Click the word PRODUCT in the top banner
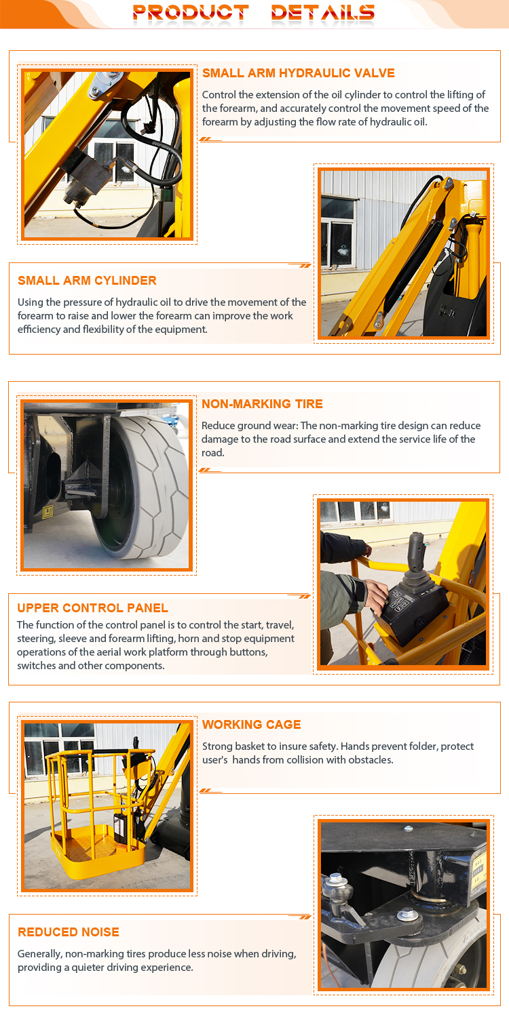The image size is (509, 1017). click(191, 12)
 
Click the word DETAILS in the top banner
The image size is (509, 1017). click(322, 12)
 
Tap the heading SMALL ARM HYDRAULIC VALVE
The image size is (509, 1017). click(298, 73)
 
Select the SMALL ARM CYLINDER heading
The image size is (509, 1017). click(87, 281)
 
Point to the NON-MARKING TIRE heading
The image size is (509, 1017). click(262, 404)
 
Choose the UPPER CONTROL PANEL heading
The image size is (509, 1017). click(93, 608)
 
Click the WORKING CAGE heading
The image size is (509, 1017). click(251, 725)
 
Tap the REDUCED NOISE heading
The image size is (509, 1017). click(68, 932)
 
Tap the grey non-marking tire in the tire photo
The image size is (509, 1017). click(145, 486)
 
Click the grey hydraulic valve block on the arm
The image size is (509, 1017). click(86, 180)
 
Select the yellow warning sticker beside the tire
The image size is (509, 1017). click(48, 512)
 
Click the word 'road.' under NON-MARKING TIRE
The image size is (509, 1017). click(212, 453)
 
